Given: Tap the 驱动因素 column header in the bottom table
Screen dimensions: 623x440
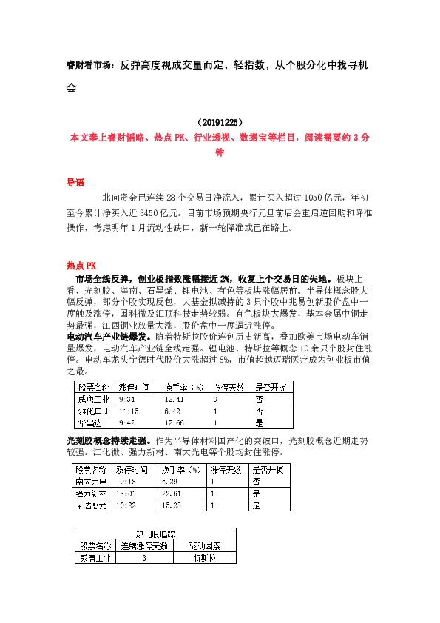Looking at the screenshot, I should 203,545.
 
